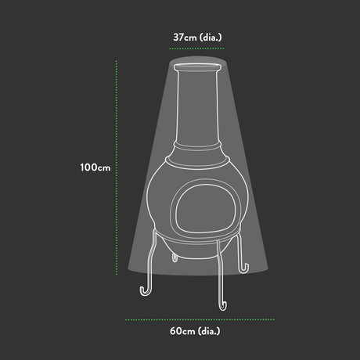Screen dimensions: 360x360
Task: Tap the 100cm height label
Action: [x=94, y=167]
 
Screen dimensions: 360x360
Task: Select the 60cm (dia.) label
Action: [x=200, y=331]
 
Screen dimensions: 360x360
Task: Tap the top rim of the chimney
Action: [x=197, y=71]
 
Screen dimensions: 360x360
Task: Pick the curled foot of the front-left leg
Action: [x=146, y=291]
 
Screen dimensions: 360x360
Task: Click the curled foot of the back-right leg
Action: [x=246, y=270]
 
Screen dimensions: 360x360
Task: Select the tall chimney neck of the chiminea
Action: [x=196, y=110]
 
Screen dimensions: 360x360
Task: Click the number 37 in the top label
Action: [x=182, y=36]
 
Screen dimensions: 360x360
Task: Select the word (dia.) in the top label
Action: [x=213, y=36]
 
